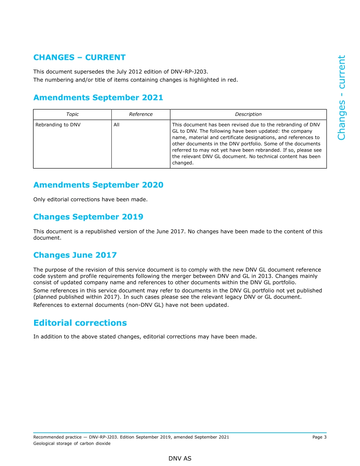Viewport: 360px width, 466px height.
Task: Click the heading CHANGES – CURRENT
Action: point(79,58)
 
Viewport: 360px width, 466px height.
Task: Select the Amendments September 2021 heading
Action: point(98,98)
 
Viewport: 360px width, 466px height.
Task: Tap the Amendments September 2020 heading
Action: point(98,185)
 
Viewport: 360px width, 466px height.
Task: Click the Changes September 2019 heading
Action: point(88,217)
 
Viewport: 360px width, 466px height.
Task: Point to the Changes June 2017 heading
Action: point(75,255)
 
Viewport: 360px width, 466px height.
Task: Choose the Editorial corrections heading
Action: point(80,323)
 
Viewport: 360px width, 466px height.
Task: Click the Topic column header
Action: point(72,114)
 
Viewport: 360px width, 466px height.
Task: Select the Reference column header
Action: point(141,114)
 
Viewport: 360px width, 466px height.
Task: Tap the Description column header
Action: point(248,114)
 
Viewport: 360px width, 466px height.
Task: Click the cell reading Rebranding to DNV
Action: point(58,125)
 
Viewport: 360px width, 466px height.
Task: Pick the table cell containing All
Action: point(116,125)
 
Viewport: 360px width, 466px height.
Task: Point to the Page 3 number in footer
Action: point(319,437)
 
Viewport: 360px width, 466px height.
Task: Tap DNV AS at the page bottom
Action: point(180,458)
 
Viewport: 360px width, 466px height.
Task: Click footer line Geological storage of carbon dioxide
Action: point(72,444)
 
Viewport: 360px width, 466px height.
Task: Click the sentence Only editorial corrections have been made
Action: point(90,199)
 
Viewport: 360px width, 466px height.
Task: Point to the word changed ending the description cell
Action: point(183,163)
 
